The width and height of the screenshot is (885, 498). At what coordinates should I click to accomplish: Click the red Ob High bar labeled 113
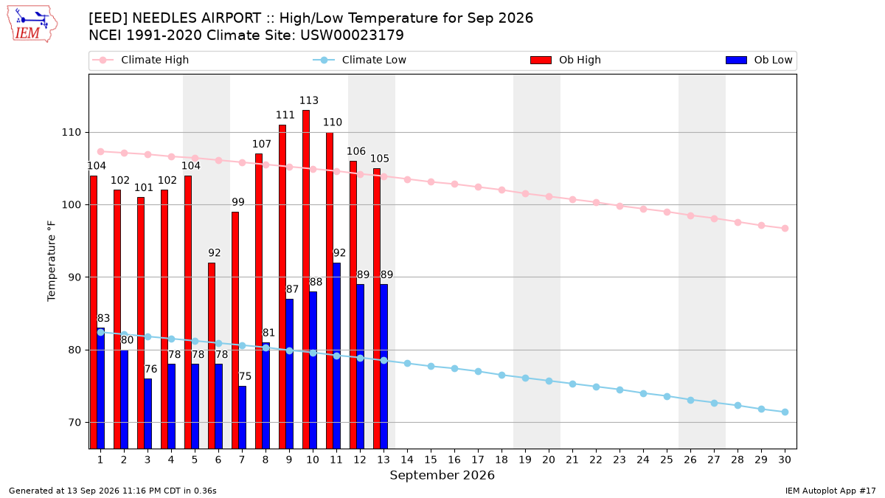tap(306, 280)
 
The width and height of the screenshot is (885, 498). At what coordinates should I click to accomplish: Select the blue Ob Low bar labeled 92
tap(336, 356)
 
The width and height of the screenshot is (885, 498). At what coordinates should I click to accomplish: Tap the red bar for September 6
tap(212, 356)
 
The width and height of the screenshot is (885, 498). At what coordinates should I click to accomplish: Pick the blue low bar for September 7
tap(242, 418)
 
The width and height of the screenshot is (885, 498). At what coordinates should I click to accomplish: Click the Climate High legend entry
tap(141, 60)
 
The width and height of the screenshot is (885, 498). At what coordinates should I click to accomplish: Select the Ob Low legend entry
tap(759, 60)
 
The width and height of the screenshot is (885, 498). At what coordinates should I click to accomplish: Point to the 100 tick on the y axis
tap(70, 205)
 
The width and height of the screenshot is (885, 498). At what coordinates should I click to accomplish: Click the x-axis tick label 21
tap(572, 460)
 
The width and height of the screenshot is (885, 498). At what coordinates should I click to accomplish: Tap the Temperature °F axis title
tap(52, 261)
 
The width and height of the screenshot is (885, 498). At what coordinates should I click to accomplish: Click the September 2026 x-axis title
tap(442, 475)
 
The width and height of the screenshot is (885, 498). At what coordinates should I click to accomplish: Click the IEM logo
tap(32, 24)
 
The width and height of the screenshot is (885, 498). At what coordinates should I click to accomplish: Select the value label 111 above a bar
tap(285, 115)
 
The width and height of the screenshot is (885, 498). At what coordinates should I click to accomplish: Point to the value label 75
tap(245, 376)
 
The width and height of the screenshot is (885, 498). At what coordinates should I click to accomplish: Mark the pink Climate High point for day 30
tap(785, 229)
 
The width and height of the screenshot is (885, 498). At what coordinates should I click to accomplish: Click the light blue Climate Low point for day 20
tap(549, 381)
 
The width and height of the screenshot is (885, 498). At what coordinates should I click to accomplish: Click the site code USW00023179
tap(352, 35)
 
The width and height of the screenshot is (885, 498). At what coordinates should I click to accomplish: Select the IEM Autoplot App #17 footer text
tap(830, 491)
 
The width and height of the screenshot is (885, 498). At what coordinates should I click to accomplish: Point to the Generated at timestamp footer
tap(113, 491)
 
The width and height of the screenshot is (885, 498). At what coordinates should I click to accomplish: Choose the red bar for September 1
tap(94, 312)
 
